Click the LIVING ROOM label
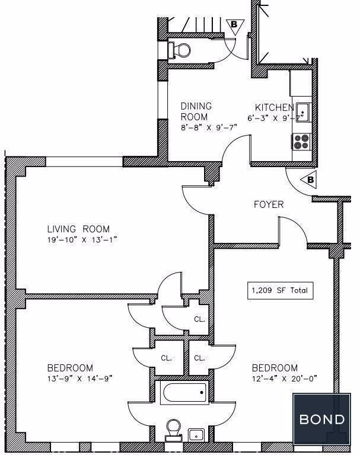[x=78, y=229]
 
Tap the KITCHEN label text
[x=275, y=107]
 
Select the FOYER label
[x=269, y=204]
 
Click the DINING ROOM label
[x=196, y=111]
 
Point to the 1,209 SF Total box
[x=281, y=290]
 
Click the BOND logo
[x=322, y=419]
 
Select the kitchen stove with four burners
[x=301, y=142]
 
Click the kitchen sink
[x=303, y=113]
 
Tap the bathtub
[x=184, y=393]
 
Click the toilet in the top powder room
[x=179, y=50]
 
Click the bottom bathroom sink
[x=196, y=435]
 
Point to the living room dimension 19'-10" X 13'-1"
[x=82, y=240]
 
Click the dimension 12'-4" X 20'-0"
[x=285, y=379]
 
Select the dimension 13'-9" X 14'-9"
[x=80, y=379]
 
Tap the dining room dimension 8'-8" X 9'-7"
[x=209, y=127]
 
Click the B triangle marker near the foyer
[x=309, y=181]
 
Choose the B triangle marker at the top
[x=234, y=25]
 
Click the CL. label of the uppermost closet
[x=200, y=319]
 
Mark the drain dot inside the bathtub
[x=202, y=393]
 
